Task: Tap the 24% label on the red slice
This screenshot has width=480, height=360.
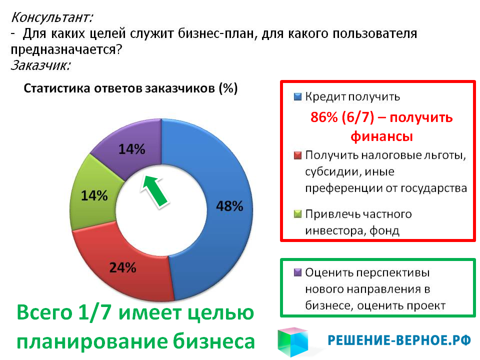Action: pyautogui.click(x=123, y=268)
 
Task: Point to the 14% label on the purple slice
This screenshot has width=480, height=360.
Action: pyautogui.click(x=132, y=149)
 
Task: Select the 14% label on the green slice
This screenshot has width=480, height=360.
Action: pyautogui.click(x=94, y=195)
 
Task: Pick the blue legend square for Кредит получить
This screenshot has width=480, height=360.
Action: pyautogui.click(x=297, y=96)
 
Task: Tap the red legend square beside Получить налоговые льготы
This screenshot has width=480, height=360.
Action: pyautogui.click(x=297, y=155)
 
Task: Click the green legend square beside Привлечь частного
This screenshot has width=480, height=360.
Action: pyautogui.click(x=297, y=213)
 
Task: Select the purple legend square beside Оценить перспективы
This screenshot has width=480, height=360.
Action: pyautogui.click(x=297, y=272)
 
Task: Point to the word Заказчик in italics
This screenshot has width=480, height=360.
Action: pyautogui.click(x=40, y=65)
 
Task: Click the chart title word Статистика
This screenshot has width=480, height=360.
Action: pyautogui.click(x=57, y=88)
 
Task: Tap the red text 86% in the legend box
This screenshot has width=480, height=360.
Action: pyautogui.click(x=324, y=117)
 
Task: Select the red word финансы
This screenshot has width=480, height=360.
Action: pyautogui.click(x=381, y=136)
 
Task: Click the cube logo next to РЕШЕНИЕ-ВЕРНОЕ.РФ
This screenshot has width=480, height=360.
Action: pyautogui.click(x=293, y=342)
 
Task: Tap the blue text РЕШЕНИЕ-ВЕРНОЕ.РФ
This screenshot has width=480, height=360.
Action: pyautogui.click(x=399, y=340)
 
